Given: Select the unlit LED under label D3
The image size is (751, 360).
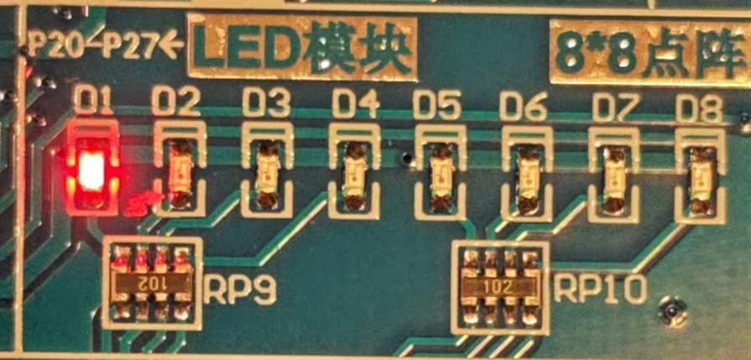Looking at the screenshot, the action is tap(268, 174).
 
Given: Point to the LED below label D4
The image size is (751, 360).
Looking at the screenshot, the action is tap(355, 174).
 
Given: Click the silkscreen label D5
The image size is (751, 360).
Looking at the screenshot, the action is tap(437, 105).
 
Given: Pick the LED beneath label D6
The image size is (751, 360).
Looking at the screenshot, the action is tap(527, 175).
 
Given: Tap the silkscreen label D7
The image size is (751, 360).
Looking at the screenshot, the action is tap(614, 106).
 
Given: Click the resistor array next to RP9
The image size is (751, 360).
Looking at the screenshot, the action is tap(151, 283).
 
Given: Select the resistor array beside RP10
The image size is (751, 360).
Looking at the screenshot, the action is tap(502, 286).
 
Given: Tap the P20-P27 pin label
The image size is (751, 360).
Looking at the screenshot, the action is tap(94, 44).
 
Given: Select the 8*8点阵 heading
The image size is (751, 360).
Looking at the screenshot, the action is tap(649, 52).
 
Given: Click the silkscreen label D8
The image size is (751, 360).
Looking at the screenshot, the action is tap(700, 107).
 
